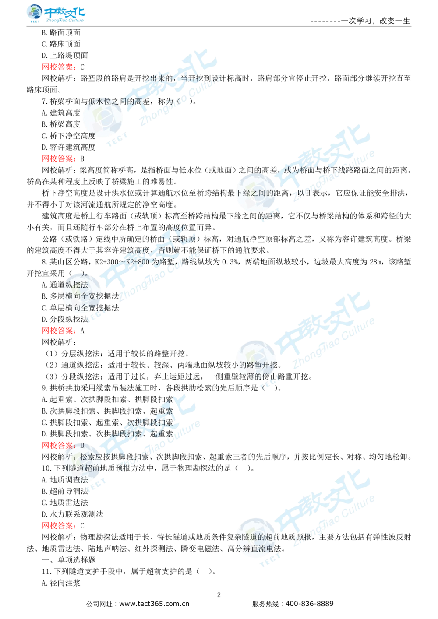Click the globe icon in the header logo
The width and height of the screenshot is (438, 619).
pyautogui.click(x=33, y=14)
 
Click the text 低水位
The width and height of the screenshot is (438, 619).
pyautogui.click(x=98, y=101)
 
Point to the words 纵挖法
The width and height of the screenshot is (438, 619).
pyautogui.click(x=77, y=285)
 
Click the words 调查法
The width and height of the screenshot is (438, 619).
pyautogui.click(x=76, y=480)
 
